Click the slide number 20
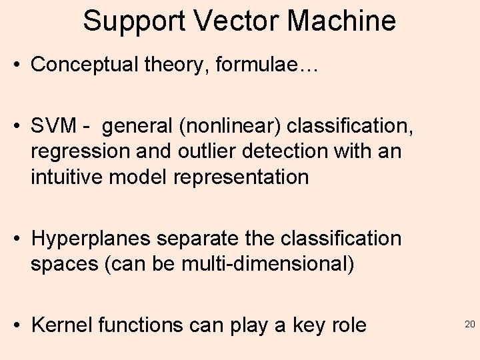point(469,325)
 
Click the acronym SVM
point(53,125)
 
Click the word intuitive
point(67,177)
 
